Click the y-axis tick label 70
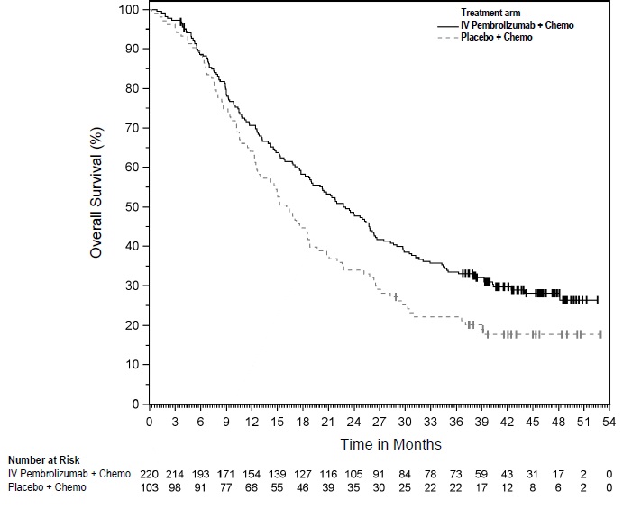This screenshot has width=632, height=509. [133, 128]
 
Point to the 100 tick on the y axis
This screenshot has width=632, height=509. [130, 9]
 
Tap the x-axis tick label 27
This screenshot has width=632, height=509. [380, 420]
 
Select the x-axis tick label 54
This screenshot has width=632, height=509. [609, 420]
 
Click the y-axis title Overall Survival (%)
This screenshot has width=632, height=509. [96, 193]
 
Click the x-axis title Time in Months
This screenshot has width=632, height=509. [390, 444]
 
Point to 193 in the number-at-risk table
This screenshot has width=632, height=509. [201, 474]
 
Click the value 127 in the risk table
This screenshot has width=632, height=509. [303, 474]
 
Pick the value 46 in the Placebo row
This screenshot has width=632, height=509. [303, 486]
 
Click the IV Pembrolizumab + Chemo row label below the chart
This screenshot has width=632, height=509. [69, 474]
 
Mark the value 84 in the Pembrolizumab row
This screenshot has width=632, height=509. [405, 474]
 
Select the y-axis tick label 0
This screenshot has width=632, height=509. [136, 404]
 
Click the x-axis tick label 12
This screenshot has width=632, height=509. [252, 420]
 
